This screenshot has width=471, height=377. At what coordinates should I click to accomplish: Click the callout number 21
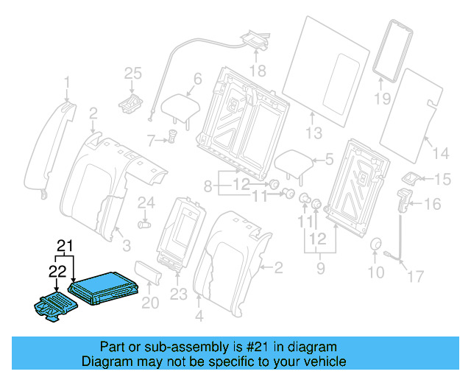tap(66, 244)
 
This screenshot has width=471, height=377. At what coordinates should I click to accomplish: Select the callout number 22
tap(57, 271)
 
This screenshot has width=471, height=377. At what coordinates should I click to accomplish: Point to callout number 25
tap(132, 72)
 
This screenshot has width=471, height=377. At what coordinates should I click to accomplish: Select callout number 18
tap(257, 71)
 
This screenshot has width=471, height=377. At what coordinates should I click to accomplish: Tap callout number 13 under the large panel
tap(314, 133)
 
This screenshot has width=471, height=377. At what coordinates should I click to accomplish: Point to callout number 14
tap(439, 153)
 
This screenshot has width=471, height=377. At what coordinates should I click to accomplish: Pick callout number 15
tap(441, 179)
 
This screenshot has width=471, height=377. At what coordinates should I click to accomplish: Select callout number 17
tap(416, 278)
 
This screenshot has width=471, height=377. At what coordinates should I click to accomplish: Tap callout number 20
tap(149, 302)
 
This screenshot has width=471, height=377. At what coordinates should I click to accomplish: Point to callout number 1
tap(66, 81)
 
